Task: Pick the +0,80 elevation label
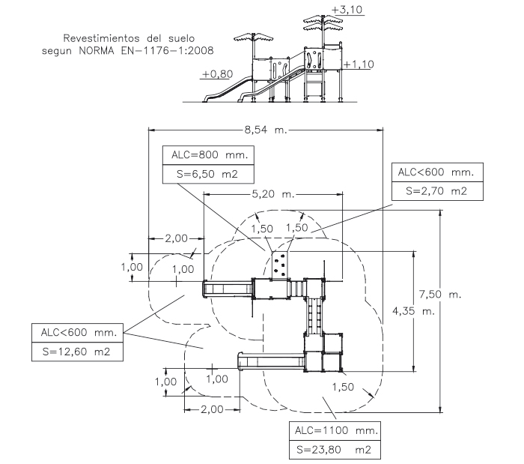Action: pyautogui.click(x=216, y=74)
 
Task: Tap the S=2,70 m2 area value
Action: pyautogui.click(x=436, y=191)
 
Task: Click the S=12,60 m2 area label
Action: pyautogui.click(x=77, y=351)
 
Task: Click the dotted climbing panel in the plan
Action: pyautogui.click(x=281, y=264)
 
